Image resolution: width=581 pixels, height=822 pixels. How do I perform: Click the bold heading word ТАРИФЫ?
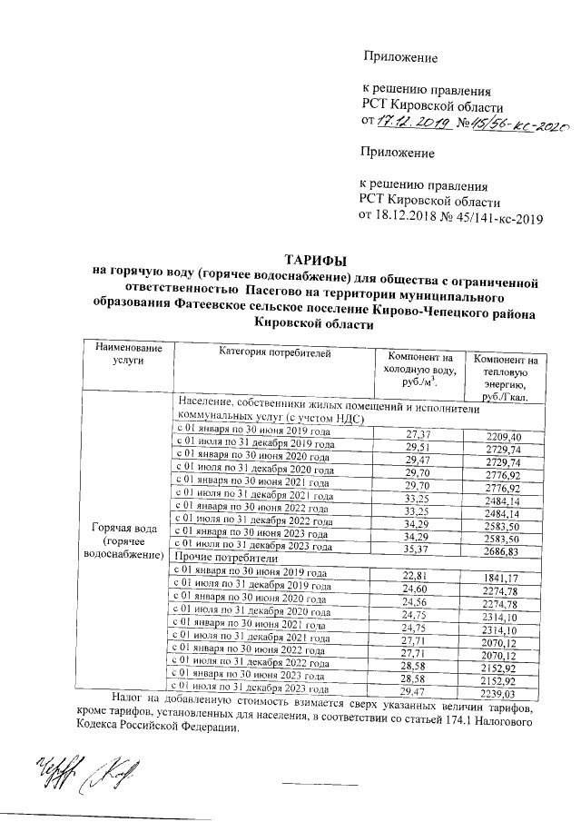pyautogui.click(x=316, y=260)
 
